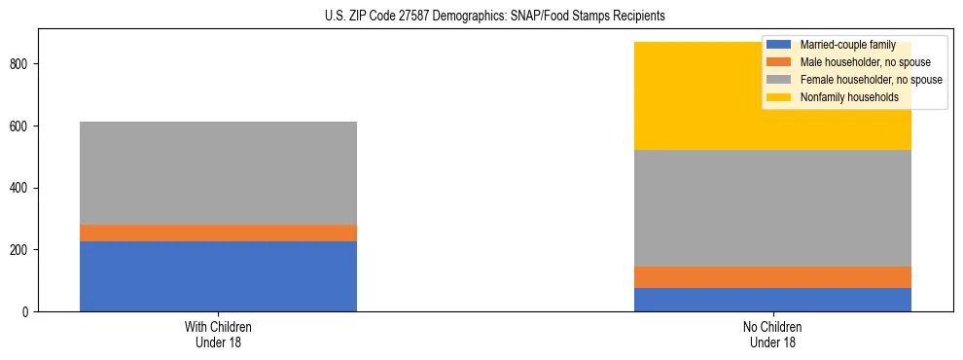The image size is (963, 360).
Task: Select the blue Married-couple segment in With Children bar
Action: [218, 276]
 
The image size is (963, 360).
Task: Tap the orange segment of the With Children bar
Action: [218, 234]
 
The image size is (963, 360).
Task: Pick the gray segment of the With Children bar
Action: [218, 173]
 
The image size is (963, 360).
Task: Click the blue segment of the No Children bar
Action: [772, 300]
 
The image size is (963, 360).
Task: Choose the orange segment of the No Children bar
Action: [772, 277]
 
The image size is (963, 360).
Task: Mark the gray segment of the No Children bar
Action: [772, 208]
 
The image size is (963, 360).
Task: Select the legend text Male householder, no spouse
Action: [861, 62]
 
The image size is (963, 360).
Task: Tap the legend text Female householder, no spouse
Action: [871, 80]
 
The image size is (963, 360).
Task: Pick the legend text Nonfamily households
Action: [847, 97]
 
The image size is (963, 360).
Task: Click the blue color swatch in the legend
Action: [779, 45]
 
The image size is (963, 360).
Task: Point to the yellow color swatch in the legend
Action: [779, 97]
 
